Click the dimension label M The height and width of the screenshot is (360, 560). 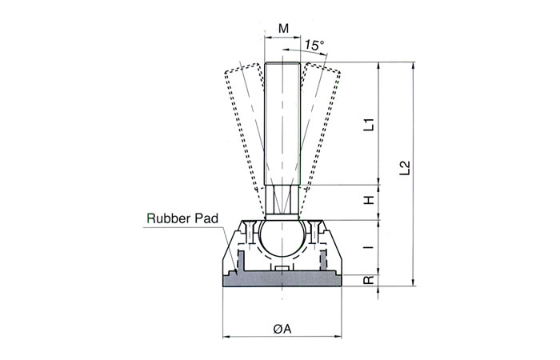[282, 30]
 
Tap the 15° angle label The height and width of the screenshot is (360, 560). [314, 46]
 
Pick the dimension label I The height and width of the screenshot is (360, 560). [370, 248]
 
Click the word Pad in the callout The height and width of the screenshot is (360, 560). [203, 217]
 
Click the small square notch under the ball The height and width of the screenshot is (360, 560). [282, 266]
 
